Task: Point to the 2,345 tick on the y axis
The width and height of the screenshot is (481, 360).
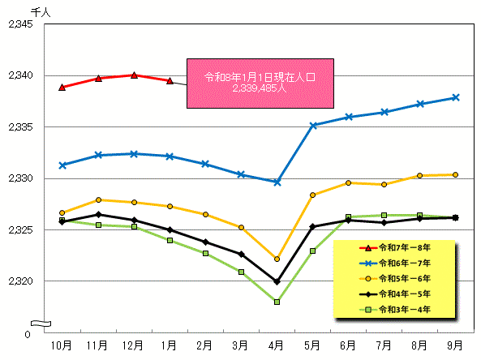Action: point(19,24)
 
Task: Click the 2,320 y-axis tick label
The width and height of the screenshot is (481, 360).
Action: point(19,281)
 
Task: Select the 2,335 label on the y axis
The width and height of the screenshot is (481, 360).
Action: point(19,127)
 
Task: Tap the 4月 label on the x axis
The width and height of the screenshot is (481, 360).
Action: point(277,345)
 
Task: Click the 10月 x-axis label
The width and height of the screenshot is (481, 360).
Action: point(62,345)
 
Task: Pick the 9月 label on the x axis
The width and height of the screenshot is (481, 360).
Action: point(456,345)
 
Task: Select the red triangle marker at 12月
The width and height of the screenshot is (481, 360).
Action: point(134,75)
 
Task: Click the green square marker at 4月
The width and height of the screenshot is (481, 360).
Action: point(277,302)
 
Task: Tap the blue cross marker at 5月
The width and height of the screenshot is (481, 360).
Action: point(312,126)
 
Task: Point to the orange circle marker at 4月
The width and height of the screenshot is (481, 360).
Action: point(277,259)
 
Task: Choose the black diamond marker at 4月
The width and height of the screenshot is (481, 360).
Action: point(277,282)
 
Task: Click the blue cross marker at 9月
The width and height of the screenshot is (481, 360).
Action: point(456,97)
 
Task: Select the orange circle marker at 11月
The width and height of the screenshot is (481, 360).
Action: point(98,199)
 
